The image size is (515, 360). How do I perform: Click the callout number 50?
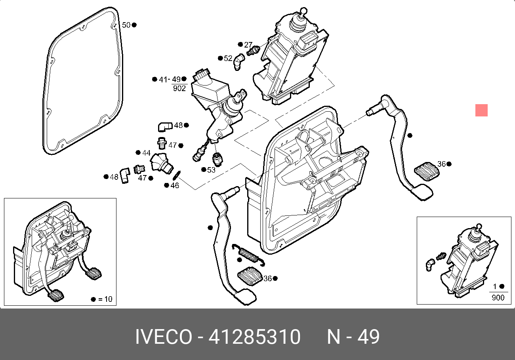[126, 25]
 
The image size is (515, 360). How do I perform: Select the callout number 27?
[248, 45]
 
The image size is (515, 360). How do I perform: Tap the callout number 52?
[228, 58]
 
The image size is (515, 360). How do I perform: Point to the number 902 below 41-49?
[179, 89]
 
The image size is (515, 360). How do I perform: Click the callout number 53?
[211, 170]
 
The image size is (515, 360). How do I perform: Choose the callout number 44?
[146, 153]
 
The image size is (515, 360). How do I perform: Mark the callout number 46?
[175, 185]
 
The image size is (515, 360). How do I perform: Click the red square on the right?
[481, 110]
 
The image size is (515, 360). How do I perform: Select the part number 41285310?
[254, 337]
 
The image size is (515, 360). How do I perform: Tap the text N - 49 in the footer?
[353, 337]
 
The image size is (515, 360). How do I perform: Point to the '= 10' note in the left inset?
[105, 299]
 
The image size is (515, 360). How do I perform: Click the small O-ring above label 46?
[177, 174]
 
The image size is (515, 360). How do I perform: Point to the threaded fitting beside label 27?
[252, 51]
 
